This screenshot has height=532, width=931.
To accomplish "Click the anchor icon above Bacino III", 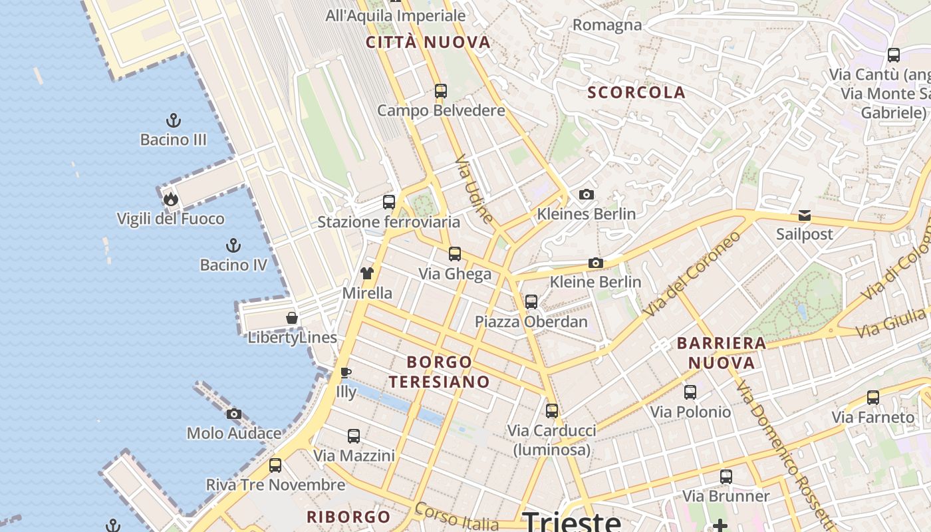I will tap(174, 120).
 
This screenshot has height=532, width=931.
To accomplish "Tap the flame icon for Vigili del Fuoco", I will tap(170, 199).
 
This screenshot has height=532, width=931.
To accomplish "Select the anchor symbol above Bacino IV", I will tap(233, 245).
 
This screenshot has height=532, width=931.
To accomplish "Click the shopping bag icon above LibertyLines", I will tap(292, 318).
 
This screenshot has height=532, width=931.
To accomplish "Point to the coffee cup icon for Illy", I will tap(345, 372).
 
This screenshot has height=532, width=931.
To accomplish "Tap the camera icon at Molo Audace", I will tap(233, 414).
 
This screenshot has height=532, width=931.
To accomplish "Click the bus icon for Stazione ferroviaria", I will tap(389, 202).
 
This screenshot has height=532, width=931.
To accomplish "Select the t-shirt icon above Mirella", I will tap(367, 273).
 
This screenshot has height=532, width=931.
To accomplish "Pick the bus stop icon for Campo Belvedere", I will tap(441, 91).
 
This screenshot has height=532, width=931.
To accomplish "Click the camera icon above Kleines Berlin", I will tap(586, 194).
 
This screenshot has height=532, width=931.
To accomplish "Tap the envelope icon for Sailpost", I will tap(805, 215).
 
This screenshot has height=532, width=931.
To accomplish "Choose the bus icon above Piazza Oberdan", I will tap(531, 302).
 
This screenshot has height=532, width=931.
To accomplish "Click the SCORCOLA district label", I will tap(636, 92).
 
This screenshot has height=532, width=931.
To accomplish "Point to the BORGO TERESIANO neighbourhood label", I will tap(440, 372).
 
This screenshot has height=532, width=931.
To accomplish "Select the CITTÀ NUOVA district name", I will tap(428, 43).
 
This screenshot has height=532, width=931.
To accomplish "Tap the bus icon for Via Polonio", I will tap(690, 392).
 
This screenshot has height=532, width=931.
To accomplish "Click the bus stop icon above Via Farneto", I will tap(873, 398).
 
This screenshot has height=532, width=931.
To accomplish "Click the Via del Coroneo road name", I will tap(692, 274).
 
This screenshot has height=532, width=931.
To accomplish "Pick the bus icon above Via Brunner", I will tap(726, 477).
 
